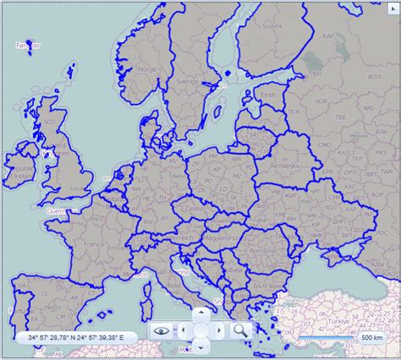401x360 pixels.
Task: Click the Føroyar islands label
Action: coord(28,43)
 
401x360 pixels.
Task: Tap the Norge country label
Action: coord(147,69)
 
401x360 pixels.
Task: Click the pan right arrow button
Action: coord(219,330)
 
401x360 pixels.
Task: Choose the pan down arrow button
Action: coord(200,346)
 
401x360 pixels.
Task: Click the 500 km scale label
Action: coord(371,337)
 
